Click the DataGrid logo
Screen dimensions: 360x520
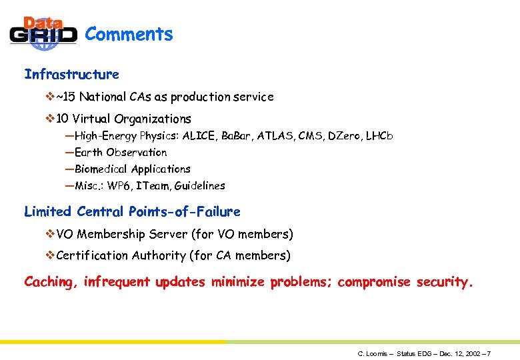43,33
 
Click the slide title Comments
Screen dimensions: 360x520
129,34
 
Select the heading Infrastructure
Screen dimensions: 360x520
71,74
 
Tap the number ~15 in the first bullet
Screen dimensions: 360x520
64,97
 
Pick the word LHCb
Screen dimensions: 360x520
379,136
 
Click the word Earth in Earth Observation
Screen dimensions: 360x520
89,153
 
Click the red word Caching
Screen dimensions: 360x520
50,282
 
